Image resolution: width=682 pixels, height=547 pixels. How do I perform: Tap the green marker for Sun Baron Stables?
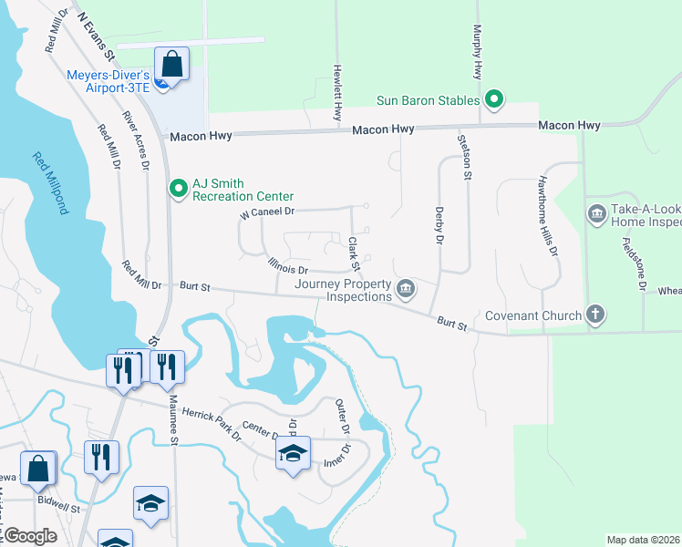[x=494, y=99]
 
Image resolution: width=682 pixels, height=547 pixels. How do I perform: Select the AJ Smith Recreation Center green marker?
[x=178, y=189]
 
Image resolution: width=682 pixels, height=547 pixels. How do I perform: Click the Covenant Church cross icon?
[x=594, y=315]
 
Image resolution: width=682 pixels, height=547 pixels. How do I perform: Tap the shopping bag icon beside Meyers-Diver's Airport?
[x=171, y=66]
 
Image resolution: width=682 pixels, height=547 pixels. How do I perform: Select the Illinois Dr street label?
[x=289, y=269]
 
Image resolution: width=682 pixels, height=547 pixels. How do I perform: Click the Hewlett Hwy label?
[x=336, y=91]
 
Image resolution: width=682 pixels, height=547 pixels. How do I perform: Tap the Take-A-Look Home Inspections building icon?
[x=598, y=215]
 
